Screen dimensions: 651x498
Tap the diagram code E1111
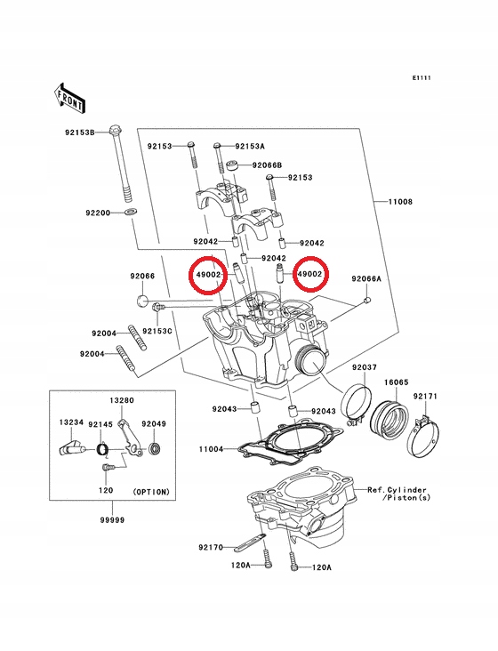pyautogui.click(x=421, y=78)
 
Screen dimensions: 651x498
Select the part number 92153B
pyautogui.click(x=79, y=133)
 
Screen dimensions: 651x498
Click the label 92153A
pyautogui.click(x=250, y=145)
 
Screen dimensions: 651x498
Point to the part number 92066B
pyautogui.click(x=267, y=165)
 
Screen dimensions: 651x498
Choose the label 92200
pyautogui.click(x=98, y=213)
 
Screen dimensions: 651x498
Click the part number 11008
pyautogui.click(x=399, y=203)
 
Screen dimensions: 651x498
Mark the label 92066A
pyautogui.click(x=365, y=278)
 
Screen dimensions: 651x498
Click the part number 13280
pyautogui.click(x=122, y=401)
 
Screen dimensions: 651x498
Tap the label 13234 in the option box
pyautogui.click(x=72, y=424)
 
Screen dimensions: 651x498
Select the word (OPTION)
pyautogui.click(x=150, y=491)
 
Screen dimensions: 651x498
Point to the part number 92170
pyautogui.click(x=212, y=548)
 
